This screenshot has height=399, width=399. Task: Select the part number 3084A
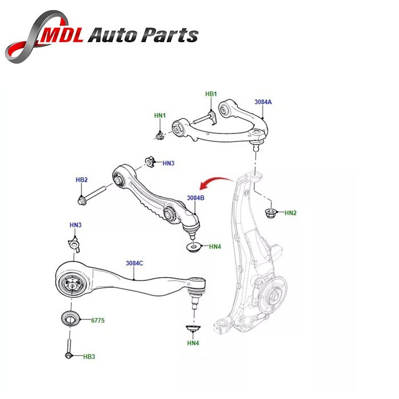[263, 102]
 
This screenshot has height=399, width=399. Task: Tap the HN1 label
[160, 116]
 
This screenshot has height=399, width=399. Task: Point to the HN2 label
[291, 213]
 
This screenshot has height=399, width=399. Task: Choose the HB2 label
[82, 180]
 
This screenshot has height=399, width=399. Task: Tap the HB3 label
[89, 357]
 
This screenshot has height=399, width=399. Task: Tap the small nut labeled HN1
[161, 135]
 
